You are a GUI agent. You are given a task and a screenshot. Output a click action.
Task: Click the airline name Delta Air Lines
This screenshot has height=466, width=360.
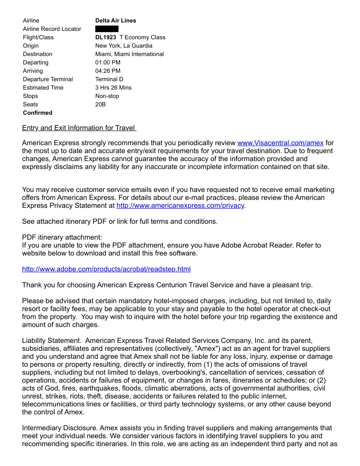[x=116, y=20]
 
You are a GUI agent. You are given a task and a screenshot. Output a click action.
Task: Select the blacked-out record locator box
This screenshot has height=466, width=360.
[x=107, y=29]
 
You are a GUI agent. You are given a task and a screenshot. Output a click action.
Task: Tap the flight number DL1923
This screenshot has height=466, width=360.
[x=105, y=37]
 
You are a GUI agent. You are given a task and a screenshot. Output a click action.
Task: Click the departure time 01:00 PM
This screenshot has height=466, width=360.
[x=108, y=62]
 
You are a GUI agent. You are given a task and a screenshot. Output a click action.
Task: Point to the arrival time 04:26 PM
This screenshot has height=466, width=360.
[x=108, y=71]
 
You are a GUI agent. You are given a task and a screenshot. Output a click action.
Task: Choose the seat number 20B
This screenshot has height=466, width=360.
[x=101, y=104]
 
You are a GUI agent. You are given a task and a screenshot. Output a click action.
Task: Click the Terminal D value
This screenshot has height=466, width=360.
[x=109, y=79]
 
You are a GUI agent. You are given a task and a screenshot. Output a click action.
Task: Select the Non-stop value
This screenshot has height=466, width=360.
[x=107, y=96]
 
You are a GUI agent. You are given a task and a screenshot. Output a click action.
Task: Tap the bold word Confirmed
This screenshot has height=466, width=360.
[x=37, y=113]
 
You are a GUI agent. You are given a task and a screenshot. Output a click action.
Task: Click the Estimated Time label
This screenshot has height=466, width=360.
[x=43, y=87]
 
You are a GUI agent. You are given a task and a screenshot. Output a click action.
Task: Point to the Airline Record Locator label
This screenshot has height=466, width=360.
[x=52, y=29]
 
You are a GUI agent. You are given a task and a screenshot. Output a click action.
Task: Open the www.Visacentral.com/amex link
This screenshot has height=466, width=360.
[x=280, y=143]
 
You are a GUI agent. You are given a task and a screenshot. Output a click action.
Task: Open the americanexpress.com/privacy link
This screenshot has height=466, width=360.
[x=180, y=206]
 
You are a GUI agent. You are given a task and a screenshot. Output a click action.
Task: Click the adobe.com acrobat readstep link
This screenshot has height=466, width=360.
[x=106, y=269]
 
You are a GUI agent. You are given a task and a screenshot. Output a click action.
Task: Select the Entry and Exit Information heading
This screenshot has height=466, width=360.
[x=79, y=128]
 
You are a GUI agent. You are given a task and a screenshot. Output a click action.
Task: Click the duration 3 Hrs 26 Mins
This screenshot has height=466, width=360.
[x=113, y=87]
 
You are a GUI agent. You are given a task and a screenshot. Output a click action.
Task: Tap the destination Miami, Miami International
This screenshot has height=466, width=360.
[x=129, y=54]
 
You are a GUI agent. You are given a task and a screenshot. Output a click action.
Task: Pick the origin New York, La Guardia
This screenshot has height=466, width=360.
[x=124, y=45]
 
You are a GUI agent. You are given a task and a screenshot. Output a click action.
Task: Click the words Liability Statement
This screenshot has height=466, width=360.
[x=52, y=341]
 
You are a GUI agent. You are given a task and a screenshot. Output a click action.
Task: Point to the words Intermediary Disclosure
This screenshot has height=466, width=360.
[x=60, y=428]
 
